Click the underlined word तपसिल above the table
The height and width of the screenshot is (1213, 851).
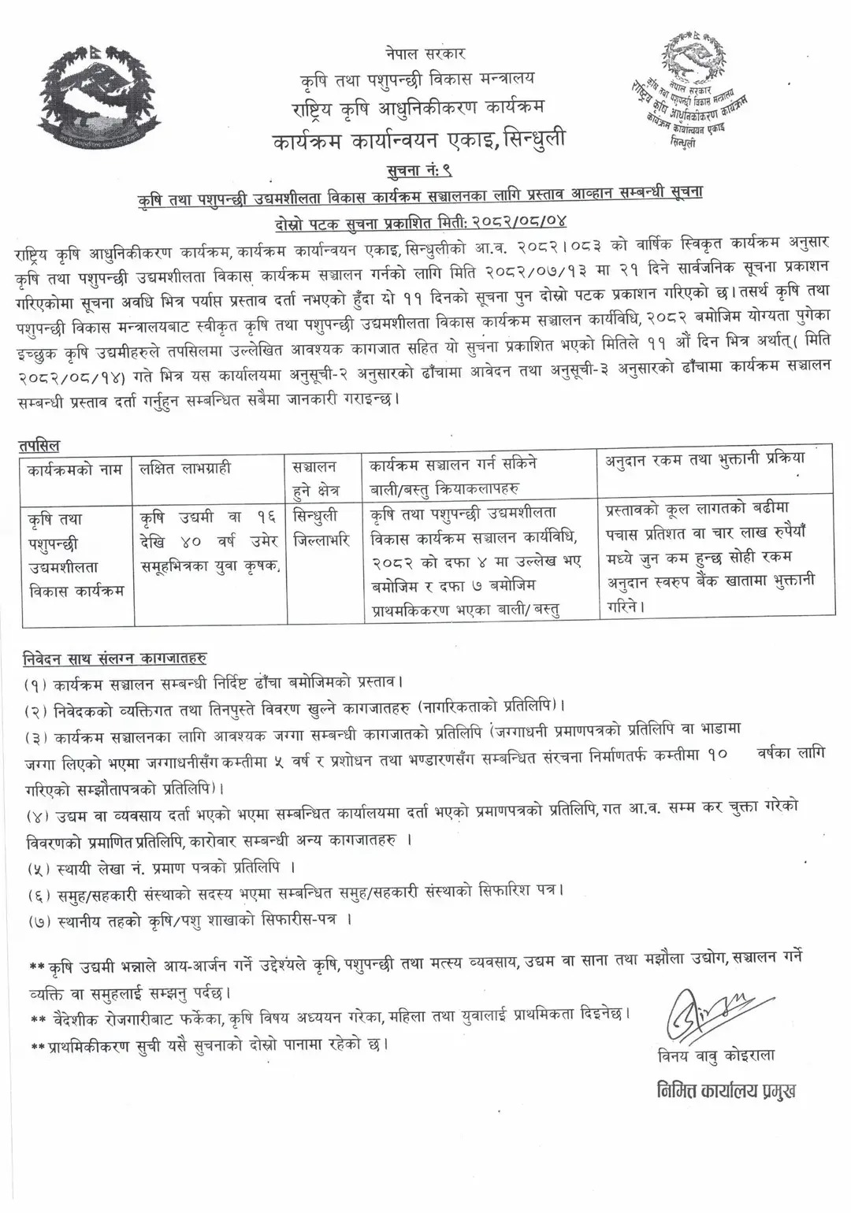pos(39,446)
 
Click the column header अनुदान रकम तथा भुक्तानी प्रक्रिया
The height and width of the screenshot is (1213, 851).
pos(704,458)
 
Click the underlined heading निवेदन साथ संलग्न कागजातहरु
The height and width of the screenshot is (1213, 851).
pos(114,657)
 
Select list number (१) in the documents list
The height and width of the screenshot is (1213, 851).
pos(35,680)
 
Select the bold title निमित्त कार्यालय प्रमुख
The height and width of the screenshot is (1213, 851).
pos(726,1090)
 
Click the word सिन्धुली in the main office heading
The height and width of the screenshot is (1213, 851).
pos(530,139)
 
